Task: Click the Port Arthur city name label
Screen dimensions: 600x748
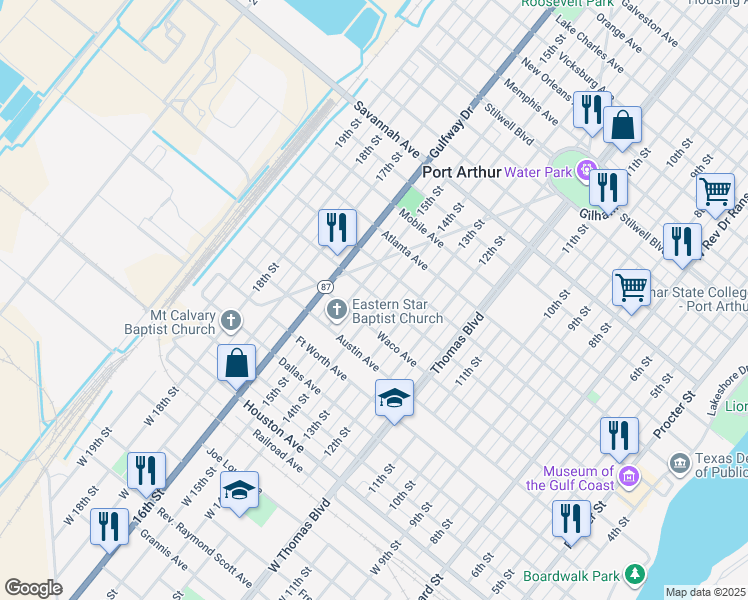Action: point(461,172)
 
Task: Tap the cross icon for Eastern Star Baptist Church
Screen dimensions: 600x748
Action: point(337,310)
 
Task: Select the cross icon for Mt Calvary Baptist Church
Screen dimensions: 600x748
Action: point(231,321)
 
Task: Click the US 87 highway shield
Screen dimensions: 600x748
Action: point(327,286)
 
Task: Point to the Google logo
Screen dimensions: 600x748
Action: point(33,588)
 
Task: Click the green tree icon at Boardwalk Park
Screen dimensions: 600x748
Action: point(633,575)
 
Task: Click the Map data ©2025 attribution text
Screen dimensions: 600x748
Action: point(706,592)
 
